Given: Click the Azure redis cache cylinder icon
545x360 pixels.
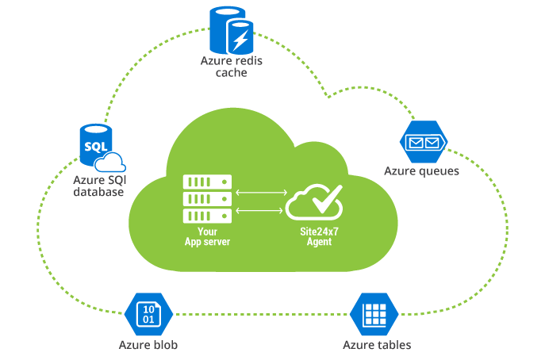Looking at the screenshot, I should (231, 29).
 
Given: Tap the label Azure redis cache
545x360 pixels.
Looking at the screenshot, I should (231, 67).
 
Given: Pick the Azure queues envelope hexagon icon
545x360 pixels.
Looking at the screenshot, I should (422, 143).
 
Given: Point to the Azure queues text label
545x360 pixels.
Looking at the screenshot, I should (421, 170).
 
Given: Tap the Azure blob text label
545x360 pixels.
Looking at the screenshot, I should (148, 345).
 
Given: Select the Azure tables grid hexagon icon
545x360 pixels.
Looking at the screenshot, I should (373, 313).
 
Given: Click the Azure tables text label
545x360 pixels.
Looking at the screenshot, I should (377, 345).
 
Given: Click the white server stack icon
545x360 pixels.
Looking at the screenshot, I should (207, 199).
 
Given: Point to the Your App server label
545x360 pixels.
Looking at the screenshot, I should (207, 236).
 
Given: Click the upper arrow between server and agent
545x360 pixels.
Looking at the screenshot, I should (261, 192).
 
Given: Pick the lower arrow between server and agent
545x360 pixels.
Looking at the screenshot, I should (261, 210).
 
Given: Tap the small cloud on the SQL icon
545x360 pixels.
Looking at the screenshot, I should (110, 162).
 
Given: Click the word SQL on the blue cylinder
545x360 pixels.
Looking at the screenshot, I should (94, 147).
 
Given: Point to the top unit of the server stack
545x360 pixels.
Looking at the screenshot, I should (207, 182).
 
